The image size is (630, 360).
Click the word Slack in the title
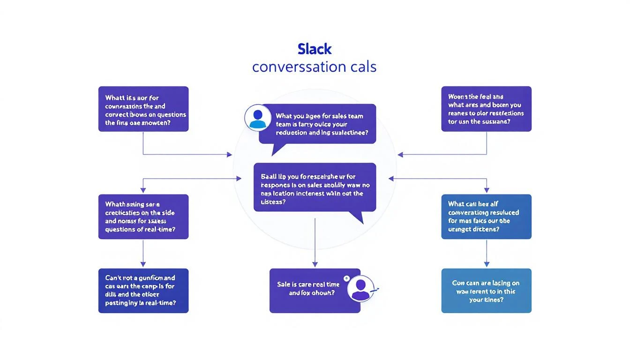(x=315, y=49)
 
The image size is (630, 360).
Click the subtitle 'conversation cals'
(x=315, y=67)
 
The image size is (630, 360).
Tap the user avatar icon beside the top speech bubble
(x=257, y=117)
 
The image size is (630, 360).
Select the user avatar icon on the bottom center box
(x=360, y=288)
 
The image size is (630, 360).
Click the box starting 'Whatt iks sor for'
(x=143, y=109)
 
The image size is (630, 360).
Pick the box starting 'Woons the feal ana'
(x=486, y=109)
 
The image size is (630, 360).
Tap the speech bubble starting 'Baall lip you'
(x=315, y=187)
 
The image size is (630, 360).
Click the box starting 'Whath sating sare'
(x=143, y=217)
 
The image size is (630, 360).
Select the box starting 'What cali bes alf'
(x=486, y=217)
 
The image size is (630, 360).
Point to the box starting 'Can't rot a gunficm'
(x=143, y=290)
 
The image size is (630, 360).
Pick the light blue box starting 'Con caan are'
(x=486, y=290)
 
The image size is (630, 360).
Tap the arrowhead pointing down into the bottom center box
(x=315, y=265)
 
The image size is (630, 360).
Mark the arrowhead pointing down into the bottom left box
(x=143, y=265)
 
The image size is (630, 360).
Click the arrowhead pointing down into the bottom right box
(x=486, y=265)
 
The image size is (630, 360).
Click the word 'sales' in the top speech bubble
(x=339, y=116)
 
